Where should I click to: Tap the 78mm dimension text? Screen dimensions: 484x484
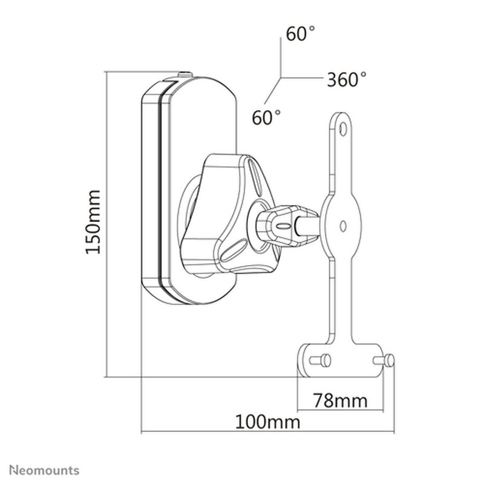340,400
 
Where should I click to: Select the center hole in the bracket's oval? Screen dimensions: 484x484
342,226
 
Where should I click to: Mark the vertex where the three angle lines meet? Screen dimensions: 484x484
280,78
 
